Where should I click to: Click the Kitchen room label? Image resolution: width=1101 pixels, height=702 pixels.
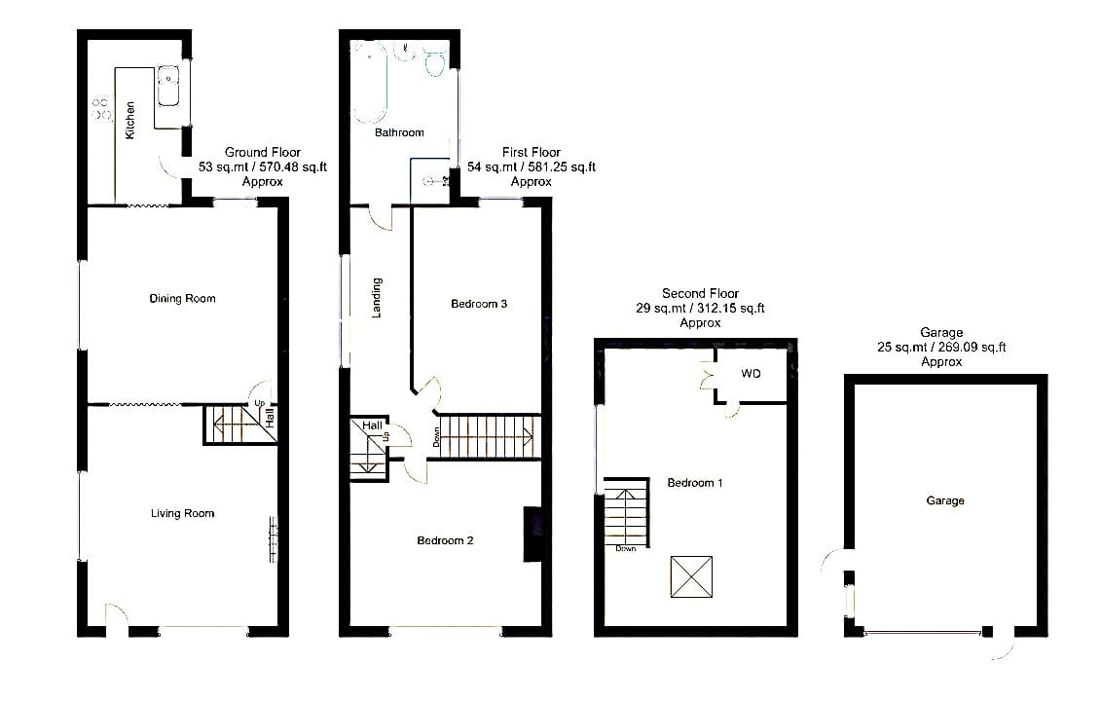pos(129,120)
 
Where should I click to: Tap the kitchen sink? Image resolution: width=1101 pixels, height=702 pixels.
pos(168,87)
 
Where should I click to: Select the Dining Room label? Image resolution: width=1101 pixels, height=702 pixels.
pos(183,298)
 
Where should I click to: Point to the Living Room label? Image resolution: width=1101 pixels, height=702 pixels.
pos(183,513)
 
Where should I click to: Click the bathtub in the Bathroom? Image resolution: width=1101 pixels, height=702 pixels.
pos(369,82)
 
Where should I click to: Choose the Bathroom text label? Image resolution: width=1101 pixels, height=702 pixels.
pos(399,132)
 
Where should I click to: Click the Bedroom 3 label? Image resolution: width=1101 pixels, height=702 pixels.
pos(479,304)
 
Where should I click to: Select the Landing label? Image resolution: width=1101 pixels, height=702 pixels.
pos(377,298)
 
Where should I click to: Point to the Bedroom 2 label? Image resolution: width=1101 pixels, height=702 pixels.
pos(445,540)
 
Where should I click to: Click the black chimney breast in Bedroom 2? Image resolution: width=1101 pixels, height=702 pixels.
pos(532,534)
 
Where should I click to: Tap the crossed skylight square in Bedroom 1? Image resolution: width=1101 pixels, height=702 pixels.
pos(691,576)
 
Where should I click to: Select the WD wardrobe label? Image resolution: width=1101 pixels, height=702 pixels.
pos(751,374)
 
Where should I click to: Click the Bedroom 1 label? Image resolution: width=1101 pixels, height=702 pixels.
pos(695,483)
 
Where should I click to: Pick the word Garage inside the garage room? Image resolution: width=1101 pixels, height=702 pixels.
pos(945,500)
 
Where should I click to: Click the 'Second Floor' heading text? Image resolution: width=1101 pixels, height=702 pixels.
pos(700,293)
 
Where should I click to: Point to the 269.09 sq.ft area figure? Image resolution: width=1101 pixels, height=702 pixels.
pos(973,347)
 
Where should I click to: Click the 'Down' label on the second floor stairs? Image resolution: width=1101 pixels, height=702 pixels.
pos(626,548)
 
